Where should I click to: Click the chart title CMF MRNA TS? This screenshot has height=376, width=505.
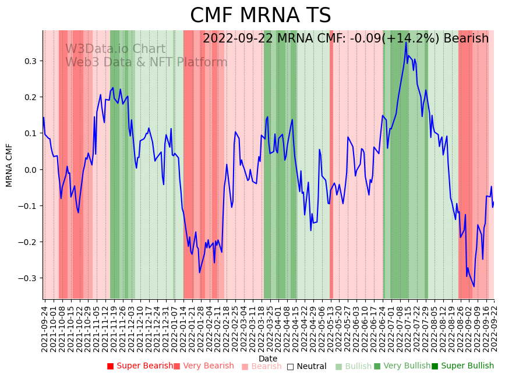tap(260, 16)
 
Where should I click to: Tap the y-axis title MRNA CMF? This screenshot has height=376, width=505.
tap(9, 165)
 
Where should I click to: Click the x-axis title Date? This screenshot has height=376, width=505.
tap(268, 359)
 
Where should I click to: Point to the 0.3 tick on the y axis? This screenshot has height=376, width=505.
tap(30, 61)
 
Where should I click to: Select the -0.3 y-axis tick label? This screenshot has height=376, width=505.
tap(29, 278)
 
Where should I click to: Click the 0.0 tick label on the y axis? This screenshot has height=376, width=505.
tap(30, 170)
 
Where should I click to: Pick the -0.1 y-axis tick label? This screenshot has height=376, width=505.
tap(29, 206)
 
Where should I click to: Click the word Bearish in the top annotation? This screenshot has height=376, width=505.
tap(466, 39)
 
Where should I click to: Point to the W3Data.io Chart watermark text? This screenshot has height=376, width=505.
tap(115, 49)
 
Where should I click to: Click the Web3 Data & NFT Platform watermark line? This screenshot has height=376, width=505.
tap(146, 62)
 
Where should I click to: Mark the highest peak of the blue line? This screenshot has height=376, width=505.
tap(406, 42)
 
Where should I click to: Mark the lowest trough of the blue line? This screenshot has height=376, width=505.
tap(474, 286)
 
